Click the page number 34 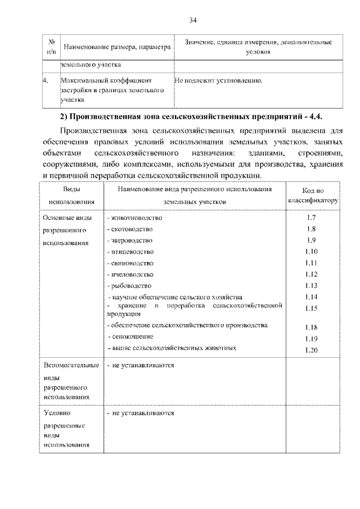click(192, 20)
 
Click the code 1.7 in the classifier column click(312, 218)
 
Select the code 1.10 click(312, 251)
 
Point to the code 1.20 click(312, 350)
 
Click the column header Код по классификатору click(313, 196)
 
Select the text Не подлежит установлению click(219, 80)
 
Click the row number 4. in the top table click(46, 80)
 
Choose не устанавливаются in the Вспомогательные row click(141, 366)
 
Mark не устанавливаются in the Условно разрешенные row click(141, 413)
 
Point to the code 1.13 click(312, 285)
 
